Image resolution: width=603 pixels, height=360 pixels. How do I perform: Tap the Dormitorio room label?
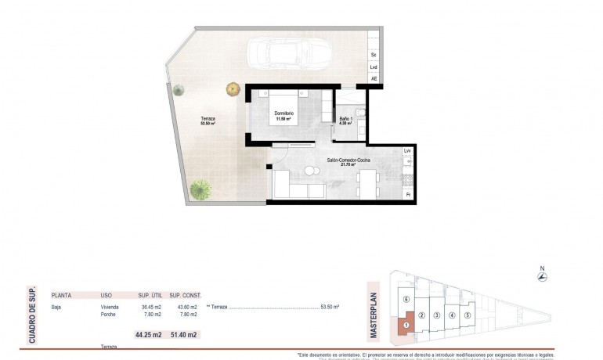pos(283,115)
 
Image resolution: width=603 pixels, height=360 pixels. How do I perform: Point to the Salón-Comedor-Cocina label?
pos(348,161)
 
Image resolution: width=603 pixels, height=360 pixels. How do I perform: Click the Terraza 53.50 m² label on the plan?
pos(208,121)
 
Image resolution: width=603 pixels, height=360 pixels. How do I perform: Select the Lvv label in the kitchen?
pos(407,150)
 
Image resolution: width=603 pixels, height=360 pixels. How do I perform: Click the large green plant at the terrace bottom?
pos(202,189)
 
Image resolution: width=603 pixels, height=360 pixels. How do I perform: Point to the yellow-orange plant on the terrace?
pos(233,89)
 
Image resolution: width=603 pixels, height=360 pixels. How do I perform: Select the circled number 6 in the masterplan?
pos(405,299)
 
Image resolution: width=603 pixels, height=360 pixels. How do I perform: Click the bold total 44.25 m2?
pos(147,335)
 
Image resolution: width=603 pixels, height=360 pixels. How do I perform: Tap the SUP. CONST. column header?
pos(186,296)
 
